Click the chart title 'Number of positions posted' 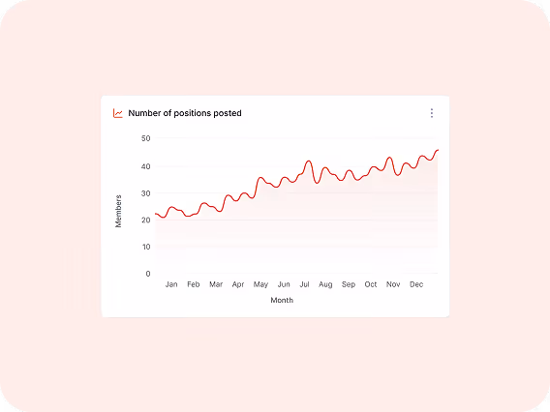point(185,113)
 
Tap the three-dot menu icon point(431,113)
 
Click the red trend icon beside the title point(118,113)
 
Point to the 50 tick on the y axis point(145,138)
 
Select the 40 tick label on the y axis point(145,165)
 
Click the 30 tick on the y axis point(145,192)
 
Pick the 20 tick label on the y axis point(145,220)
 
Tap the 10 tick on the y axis point(145,247)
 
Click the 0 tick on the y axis point(148,274)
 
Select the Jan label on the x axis point(171,285)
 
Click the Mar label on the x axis point(216,285)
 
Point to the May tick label point(260,285)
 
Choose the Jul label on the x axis point(304,285)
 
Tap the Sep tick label point(349,285)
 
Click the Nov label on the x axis point(393,285)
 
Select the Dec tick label point(416,285)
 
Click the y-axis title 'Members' point(119,211)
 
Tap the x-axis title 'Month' point(282,301)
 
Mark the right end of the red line point(438,150)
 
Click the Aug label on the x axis point(325,285)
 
